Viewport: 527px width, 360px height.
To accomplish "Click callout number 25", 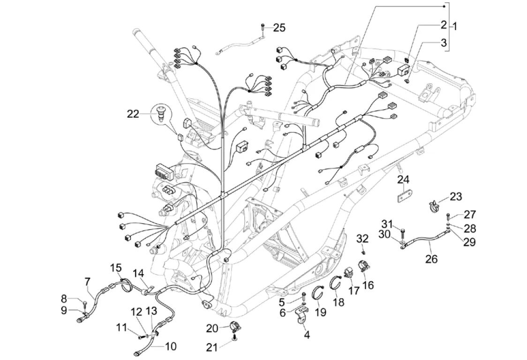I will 279,28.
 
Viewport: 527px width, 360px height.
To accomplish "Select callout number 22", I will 133,113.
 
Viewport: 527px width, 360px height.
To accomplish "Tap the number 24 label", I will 404,180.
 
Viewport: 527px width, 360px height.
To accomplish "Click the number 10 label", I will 171,346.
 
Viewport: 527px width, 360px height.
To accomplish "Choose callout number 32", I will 362,238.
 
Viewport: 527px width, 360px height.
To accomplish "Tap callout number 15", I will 116,268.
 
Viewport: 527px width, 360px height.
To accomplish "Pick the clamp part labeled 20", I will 234,327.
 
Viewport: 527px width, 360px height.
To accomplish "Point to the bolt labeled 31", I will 403,231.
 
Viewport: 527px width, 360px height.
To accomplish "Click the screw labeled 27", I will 449,216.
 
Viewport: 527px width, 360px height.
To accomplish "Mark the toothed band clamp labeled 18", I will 335,283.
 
